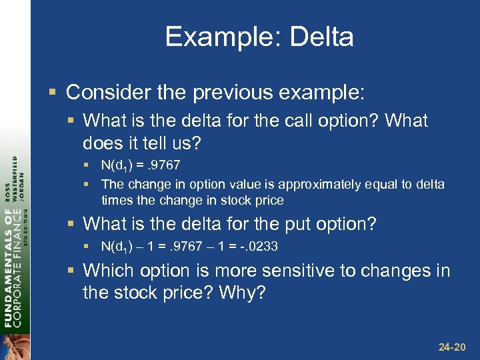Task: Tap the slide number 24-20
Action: coord(452,347)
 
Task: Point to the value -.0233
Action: coord(257,247)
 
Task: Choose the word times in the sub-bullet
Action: coord(115,200)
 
